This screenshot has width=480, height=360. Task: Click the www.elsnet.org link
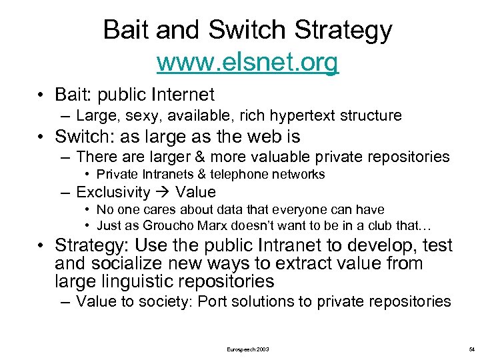(x=247, y=63)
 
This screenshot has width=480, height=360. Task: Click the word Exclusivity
(x=113, y=193)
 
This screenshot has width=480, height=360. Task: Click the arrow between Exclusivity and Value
(x=163, y=193)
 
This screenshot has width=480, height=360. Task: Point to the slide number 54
(x=471, y=349)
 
